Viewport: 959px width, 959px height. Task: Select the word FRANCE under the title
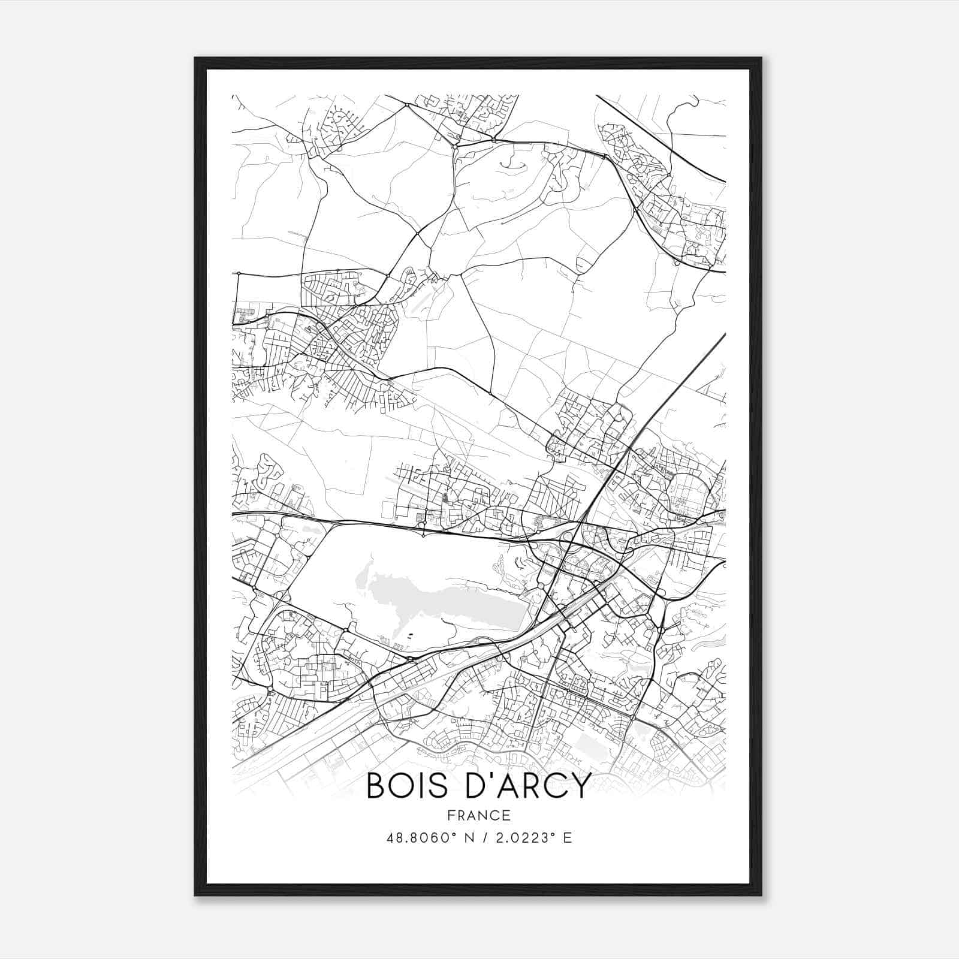coord(479,815)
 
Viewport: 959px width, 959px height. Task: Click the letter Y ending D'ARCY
coord(580,786)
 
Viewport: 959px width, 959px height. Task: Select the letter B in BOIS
coord(376,786)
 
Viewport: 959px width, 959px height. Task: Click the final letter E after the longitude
coord(568,838)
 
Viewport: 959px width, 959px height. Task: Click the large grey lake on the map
coord(444,599)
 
